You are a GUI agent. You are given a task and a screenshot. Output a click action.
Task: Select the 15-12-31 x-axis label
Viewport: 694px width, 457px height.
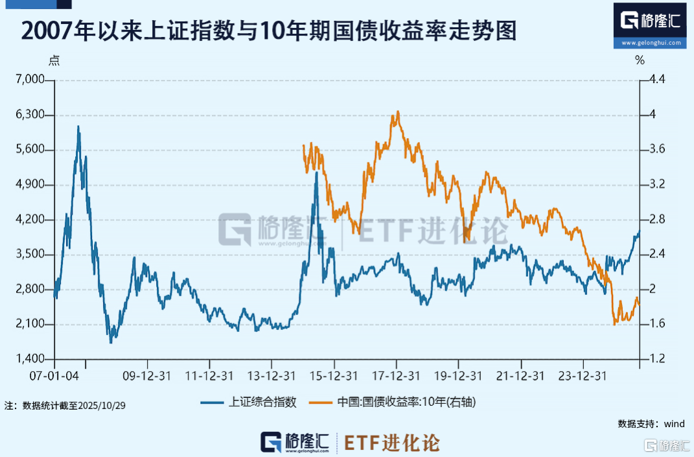pyautogui.click(x=333, y=376)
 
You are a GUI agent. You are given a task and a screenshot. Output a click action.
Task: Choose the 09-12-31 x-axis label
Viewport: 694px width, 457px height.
pyautogui.click(x=147, y=376)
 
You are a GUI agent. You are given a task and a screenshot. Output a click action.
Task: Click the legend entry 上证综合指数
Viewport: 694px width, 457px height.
pyautogui.click(x=262, y=402)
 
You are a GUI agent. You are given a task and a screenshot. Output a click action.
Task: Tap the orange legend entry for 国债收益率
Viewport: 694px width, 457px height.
pyautogui.click(x=406, y=402)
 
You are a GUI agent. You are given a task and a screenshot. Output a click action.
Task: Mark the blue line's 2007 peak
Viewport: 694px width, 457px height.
pyautogui.click(x=78, y=126)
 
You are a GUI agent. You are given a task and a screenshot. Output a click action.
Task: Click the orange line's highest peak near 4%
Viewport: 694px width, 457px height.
pyautogui.click(x=397, y=111)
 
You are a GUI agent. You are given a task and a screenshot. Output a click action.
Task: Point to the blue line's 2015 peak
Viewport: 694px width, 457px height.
pyautogui.click(x=316, y=172)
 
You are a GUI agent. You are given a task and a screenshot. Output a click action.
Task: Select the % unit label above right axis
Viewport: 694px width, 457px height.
pyautogui.click(x=640, y=61)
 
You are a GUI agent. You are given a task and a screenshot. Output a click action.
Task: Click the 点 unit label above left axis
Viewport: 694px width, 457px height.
pyautogui.click(x=55, y=61)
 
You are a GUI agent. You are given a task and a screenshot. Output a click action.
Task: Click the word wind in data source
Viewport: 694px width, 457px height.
pyautogui.click(x=674, y=424)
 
